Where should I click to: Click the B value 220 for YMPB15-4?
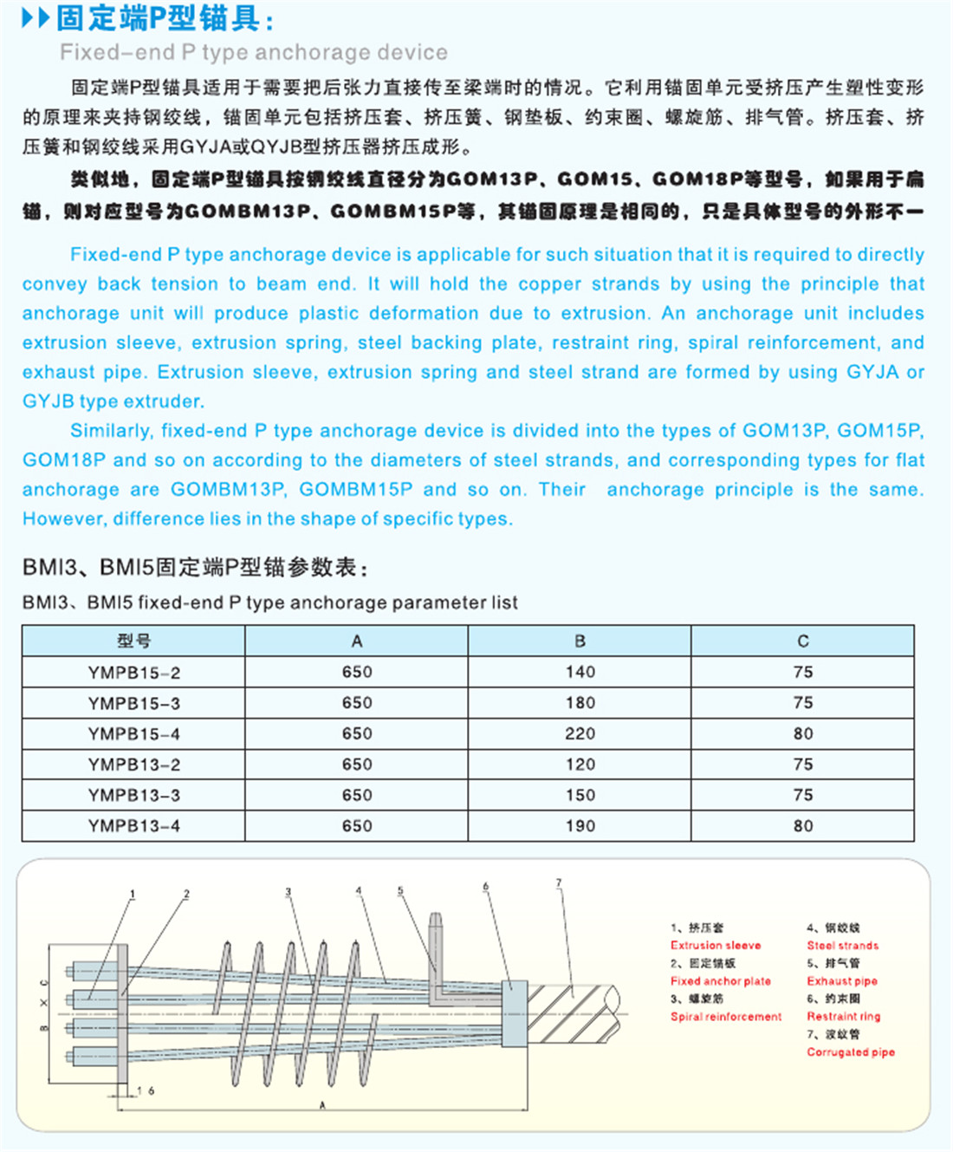[580, 733]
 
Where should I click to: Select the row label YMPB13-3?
[133, 795]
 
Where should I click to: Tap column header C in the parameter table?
[802, 641]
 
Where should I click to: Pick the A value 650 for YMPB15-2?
[356, 672]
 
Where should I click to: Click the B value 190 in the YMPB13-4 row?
[580, 826]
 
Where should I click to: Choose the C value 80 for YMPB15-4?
[802, 733]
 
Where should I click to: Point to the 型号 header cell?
[133, 641]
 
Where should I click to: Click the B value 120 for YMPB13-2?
[580, 765]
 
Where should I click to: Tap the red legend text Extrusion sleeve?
[716, 946]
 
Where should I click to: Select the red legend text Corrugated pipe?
[851, 1052]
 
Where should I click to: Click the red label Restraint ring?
[843, 1017]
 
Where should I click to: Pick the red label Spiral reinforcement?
[726, 1017]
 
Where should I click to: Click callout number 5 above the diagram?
[400, 891]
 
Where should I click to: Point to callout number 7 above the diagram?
[559, 883]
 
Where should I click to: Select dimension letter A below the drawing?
[322, 1105]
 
